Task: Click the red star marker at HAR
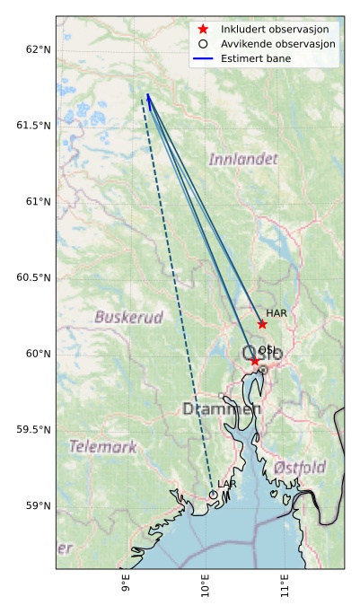[x=262, y=324]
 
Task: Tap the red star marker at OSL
[x=255, y=361]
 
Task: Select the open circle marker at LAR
[x=214, y=494]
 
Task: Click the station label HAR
[x=277, y=313]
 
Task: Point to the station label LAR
[x=227, y=484]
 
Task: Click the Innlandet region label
[x=243, y=160]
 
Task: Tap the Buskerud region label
[x=129, y=317]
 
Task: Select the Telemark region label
[x=103, y=446]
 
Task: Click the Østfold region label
[x=300, y=468]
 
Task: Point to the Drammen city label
[x=222, y=409]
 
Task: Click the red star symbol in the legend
[x=204, y=30]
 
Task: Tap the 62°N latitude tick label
[x=37, y=48]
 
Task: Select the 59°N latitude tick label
[x=37, y=506]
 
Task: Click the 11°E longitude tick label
[x=285, y=587]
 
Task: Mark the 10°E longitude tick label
[x=205, y=587]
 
